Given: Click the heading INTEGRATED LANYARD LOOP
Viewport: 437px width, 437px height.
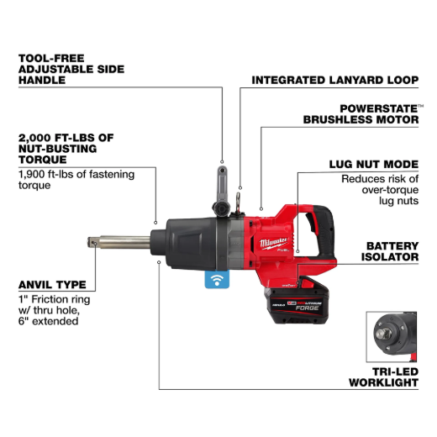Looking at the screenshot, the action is click(334, 80).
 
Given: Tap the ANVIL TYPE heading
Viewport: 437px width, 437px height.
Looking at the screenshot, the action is click(52, 285).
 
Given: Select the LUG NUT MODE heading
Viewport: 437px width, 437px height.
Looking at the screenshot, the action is click(374, 164).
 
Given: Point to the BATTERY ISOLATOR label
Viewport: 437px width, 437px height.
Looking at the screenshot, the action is click(390, 251).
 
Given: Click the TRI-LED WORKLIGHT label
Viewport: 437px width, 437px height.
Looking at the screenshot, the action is click(383, 377).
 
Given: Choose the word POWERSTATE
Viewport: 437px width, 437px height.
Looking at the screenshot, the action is click(379, 108).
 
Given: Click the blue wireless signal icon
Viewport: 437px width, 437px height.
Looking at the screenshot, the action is click(217, 279).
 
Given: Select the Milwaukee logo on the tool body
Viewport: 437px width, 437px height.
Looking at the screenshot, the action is click(273, 243).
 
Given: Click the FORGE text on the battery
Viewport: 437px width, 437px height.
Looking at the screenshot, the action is click(308, 308).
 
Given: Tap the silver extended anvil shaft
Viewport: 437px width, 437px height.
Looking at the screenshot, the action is click(119, 243).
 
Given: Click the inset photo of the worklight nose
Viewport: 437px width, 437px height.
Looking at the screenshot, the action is click(392, 337).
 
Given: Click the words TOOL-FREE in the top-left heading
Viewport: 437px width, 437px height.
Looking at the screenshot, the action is click(51, 58).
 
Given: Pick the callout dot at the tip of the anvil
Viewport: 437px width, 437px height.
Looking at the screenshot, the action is click(95, 244).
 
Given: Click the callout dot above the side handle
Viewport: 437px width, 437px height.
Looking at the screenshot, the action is click(222, 161).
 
